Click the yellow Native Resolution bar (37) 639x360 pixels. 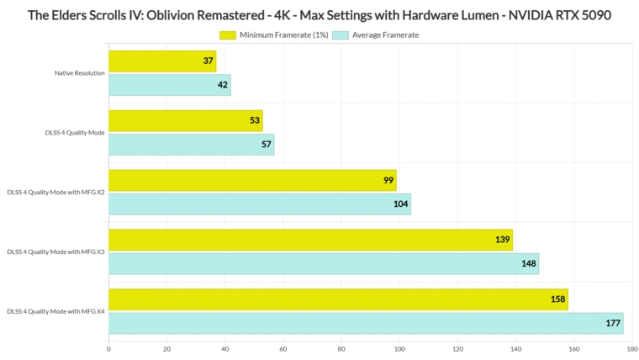(x=162, y=61)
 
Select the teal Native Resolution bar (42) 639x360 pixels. (x=169, y=84)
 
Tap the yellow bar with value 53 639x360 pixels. (x=185, y=121)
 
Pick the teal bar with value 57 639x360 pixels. (x=191, y=144)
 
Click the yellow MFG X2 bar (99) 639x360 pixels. (x=252, y=181)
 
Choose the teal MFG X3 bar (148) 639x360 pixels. (x=324, y=263)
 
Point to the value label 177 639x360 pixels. (x=613, y=323)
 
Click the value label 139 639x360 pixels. (x=503, y=241)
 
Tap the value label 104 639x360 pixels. (x=401, y=204)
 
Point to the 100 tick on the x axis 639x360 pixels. (x=399, y=347)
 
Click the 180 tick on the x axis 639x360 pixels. (x=631, y=347)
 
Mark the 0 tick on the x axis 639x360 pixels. (x=108, y=347)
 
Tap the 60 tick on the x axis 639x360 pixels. (x=283, y=347)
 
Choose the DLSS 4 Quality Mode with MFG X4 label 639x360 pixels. (x=55, y=312)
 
